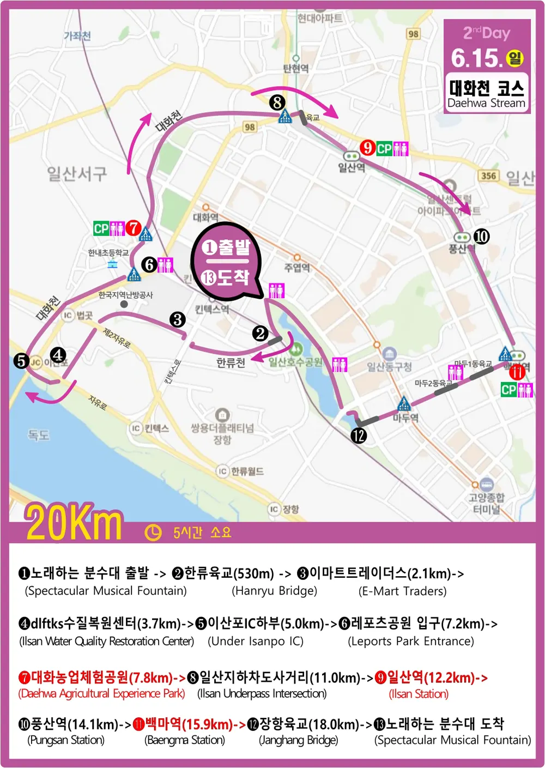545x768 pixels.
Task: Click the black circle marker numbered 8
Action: pos(277,102)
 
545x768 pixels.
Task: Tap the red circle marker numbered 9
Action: pos(368,148)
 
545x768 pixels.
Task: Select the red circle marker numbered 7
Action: pos(133,228)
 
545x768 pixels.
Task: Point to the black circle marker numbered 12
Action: pos(359,435)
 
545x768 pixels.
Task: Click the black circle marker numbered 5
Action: pos(21,360)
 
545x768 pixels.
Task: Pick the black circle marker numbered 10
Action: pos(481,236)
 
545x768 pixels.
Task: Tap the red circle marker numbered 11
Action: pos(517,373)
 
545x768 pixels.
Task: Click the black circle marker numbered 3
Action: pos(177,319)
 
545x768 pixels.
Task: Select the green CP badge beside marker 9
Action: pos(384,148)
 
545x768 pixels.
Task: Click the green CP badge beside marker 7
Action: pos(101,228)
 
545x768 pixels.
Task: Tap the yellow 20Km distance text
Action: pos(74,523)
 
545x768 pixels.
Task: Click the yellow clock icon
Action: pos(153,533)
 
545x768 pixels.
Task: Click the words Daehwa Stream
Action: pos(486,103)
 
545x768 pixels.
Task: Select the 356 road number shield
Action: pos(488,176)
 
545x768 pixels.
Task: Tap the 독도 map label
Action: pos(39,435)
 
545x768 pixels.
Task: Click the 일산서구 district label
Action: pos(77,174)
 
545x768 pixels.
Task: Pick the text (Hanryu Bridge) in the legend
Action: pos(274,591)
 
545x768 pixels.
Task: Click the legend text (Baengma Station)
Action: pos(185,740)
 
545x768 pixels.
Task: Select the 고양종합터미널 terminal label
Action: pos(487,503)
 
